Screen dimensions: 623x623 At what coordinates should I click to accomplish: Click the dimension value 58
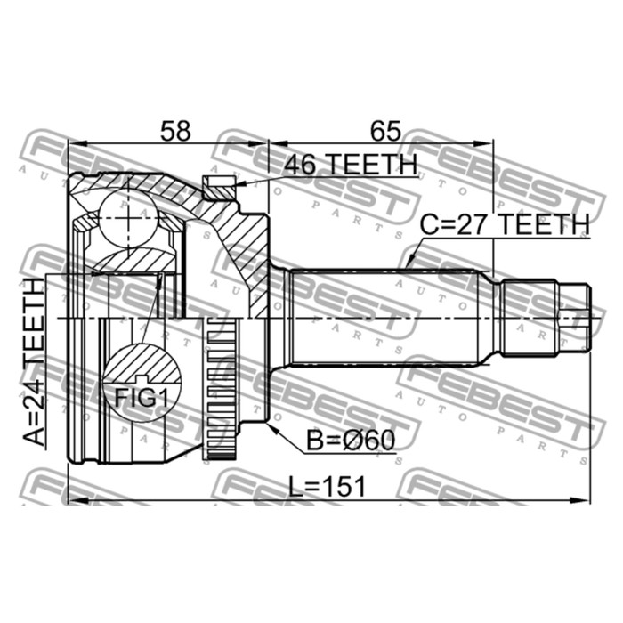pyautogui.click(x=174, y=132)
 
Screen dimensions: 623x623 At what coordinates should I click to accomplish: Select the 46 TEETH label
pyautogui.click(x=350, y=165)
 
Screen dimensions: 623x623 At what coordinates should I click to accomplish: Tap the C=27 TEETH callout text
pyautogui.click(x=504, y=225)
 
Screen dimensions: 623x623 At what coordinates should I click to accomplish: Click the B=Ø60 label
pyautogui.click(x=349, y=440)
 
